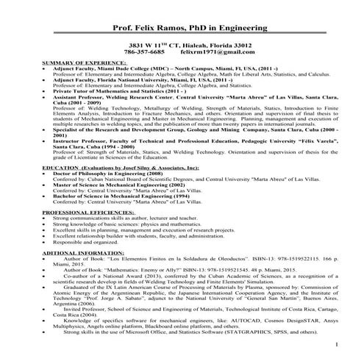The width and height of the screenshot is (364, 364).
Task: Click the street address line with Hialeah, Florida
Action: [182, 44]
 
